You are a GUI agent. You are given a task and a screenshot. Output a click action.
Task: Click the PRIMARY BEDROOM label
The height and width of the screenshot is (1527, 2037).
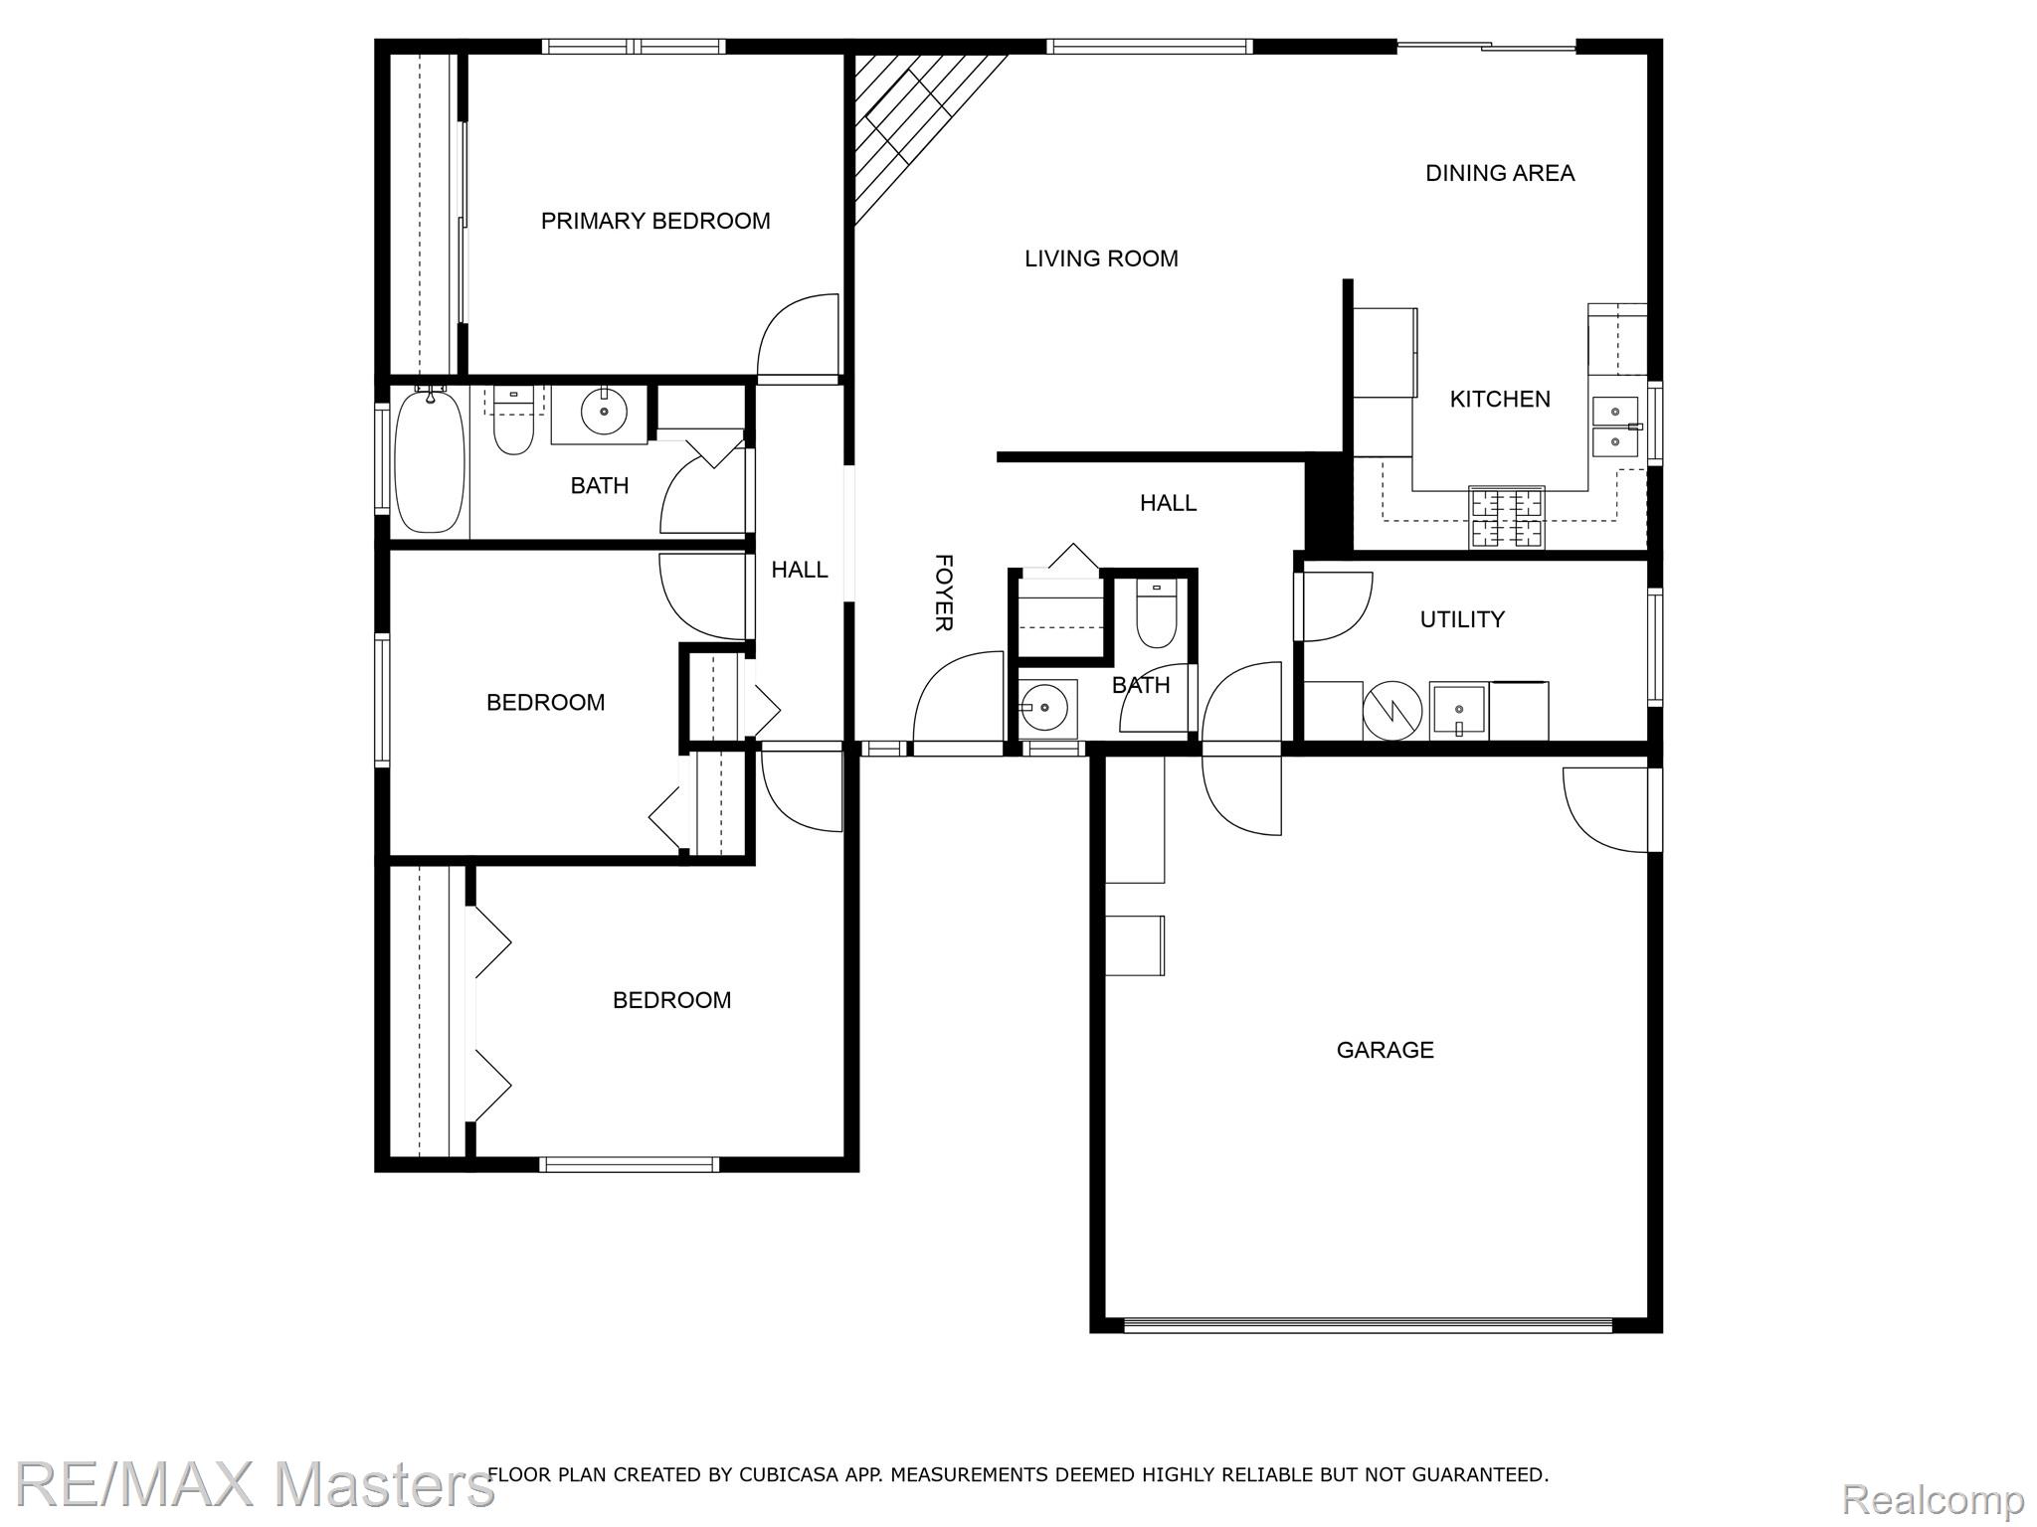[x=655, y=221]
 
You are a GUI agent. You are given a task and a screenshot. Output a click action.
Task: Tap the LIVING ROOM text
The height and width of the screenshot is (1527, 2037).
[x=1101, y=258]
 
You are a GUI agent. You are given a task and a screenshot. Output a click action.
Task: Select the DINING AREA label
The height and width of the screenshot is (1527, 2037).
[x=1500, y=173]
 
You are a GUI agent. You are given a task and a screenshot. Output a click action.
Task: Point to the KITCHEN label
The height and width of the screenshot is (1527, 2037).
[x=1500, y=399]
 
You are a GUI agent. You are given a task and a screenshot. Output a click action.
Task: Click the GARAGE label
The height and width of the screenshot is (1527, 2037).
[x=1385, y=1050]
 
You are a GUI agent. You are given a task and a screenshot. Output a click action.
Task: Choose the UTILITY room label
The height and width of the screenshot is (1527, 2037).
[x=1462, y=619]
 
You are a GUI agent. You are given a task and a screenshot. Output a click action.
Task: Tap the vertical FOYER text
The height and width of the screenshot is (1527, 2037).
[x=944, y=593]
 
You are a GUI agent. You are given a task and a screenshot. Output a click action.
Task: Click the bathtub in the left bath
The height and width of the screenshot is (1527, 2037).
[x=430, y=461]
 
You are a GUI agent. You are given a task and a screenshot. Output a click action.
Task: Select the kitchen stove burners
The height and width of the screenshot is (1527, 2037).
[x=1507, y=517]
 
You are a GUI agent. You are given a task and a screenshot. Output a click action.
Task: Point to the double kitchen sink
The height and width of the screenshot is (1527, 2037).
[x=1616, y=425]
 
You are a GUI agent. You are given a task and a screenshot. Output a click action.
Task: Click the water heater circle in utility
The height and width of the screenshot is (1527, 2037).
[x=1392, y=710]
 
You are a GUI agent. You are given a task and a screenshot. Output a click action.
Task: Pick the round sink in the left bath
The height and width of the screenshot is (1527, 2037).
[x=604, y=411]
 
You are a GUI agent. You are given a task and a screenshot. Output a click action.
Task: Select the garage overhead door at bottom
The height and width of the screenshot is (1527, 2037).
[x=1368, y=1324]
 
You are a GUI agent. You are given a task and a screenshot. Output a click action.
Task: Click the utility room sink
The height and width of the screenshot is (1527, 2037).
[x=1458, y=711]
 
